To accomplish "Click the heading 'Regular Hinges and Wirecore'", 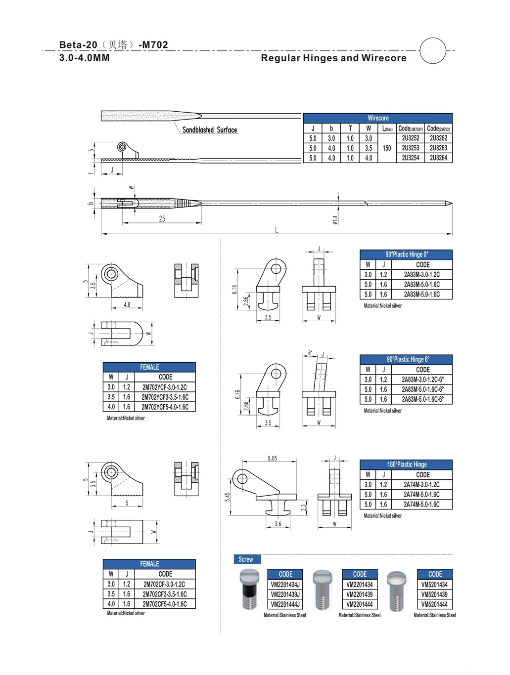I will tap(333, 58).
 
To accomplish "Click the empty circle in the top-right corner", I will tap(433, 50).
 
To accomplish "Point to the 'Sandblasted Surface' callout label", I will tap(209, 130).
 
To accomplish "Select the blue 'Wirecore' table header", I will tap(378, 118).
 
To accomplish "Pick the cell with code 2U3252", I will tap(410, 138).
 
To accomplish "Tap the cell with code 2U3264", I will tap(438, 158).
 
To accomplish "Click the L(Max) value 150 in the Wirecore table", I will tap(387, 148).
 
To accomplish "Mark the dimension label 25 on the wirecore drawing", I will tap(162, 219).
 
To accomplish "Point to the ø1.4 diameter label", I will tap(335, 219).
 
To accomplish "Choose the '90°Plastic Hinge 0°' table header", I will tap(406, 254).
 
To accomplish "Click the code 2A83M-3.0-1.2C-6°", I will tap(422, 380).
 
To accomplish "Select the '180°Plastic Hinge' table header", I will tap(406, 464).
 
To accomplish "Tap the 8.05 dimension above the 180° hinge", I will tap(272, 459).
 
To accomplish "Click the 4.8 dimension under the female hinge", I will tap(127, 305).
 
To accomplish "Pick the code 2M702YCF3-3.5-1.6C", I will tap(165, 397).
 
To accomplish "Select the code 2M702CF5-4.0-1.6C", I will tap(165, 604).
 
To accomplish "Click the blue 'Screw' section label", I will tap(246, 559).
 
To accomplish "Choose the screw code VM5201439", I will tap(434, 594).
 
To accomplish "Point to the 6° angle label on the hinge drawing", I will tap(310, 353).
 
